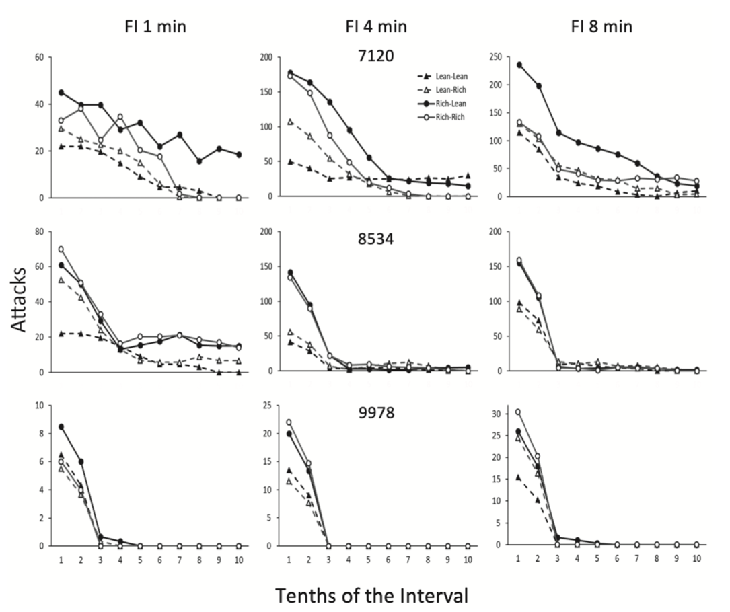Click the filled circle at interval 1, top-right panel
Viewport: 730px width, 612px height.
tap(518, 65)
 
